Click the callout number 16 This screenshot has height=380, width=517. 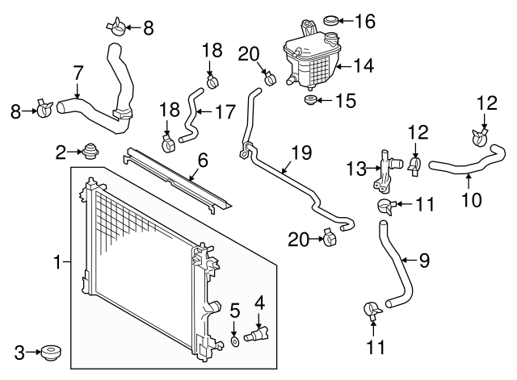click(365, 22)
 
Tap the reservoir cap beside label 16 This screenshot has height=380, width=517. click(330, 20)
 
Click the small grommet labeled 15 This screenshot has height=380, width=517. click(310, 100)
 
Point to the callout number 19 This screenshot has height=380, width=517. click(301, 152)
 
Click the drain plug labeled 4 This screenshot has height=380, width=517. click(256, 334)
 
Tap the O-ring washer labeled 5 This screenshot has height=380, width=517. click(234, 341)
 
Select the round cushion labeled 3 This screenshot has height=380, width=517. click(51, 353)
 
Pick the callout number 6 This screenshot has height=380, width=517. click(203, 161)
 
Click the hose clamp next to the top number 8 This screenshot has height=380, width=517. click(116, 27)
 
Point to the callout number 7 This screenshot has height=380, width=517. click(78, 73)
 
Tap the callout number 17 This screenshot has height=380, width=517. click(225, 111)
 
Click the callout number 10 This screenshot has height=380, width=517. click(472, 200)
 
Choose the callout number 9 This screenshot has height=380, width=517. click(424, 261)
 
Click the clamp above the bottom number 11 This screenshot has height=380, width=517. click(372, 311)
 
